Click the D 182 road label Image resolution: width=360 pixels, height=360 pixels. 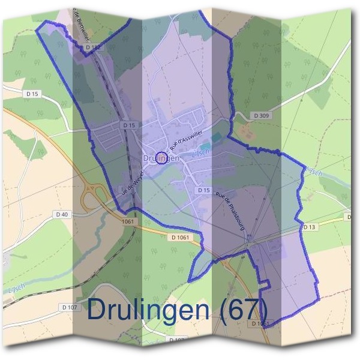pos(92,46)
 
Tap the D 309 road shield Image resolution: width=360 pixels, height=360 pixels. pos(260,115)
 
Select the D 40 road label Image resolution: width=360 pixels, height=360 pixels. pos(62,214)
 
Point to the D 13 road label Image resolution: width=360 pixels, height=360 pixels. pos(309,227)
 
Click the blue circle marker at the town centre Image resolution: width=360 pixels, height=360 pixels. pos(161,158)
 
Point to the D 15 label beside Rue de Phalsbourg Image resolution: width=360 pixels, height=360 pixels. pos(204,190)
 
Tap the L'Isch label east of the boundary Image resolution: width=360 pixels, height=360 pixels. pos(313,172)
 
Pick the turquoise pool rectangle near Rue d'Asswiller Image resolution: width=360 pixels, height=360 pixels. pos(205,146)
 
